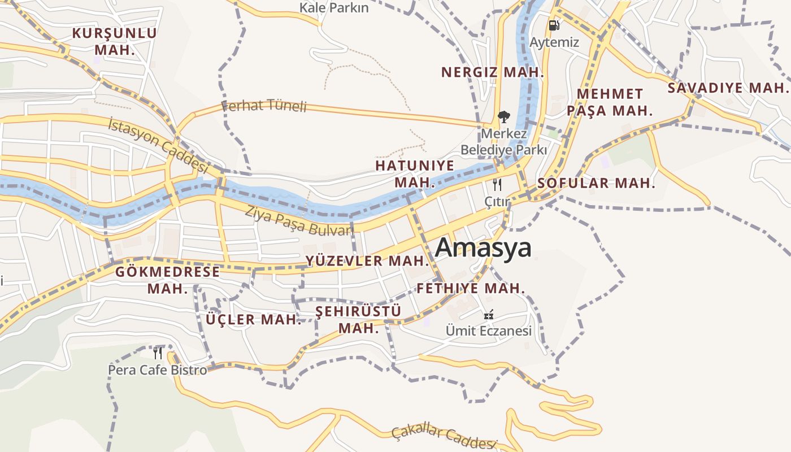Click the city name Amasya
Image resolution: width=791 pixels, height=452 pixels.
point(483,247)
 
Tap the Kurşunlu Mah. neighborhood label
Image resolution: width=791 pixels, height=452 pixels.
point(115,41)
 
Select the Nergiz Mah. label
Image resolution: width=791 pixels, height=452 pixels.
point(492,72)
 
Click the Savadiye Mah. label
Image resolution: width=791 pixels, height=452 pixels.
point(728,88)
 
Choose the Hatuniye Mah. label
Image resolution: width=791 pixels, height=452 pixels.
point(415,174)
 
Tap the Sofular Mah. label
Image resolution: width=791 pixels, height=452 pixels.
point(596,183)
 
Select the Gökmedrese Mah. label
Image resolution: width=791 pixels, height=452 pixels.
point(168,280)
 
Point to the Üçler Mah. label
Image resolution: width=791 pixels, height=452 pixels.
point(254,320)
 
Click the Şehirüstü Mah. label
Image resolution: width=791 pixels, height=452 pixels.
point(358,320)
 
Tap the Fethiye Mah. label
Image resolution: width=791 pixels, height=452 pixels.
point(471,289)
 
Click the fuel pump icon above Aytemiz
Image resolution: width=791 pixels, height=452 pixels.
point(554,25)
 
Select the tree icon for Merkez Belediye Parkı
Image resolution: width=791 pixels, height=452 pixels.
point(503,117)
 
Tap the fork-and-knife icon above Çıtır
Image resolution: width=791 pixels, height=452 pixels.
point(497,184)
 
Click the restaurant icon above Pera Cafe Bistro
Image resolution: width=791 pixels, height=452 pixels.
point(158,353)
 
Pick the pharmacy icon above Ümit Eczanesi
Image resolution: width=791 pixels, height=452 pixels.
point(489,314)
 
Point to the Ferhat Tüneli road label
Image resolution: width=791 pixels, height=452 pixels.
point(264,106)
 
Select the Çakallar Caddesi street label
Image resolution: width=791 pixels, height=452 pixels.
point(444,436)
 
